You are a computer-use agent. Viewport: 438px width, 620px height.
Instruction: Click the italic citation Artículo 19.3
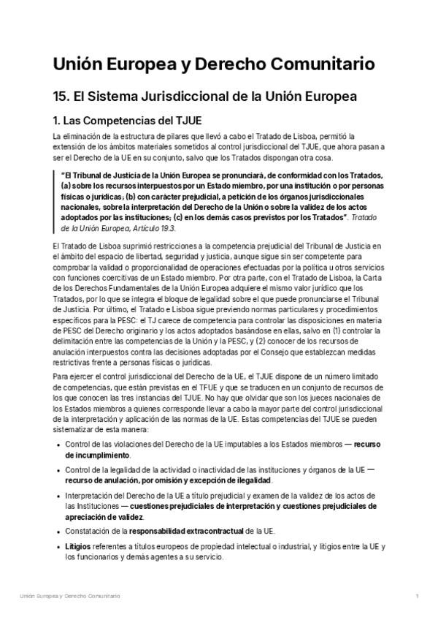pyautogui.click(x=151, y=227)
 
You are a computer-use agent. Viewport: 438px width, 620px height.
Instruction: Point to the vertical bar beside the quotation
pyautogui.click(x=54, y=202)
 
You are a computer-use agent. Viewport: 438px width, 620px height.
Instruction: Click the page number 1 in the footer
pyautogui.click(x=416, y=597)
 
